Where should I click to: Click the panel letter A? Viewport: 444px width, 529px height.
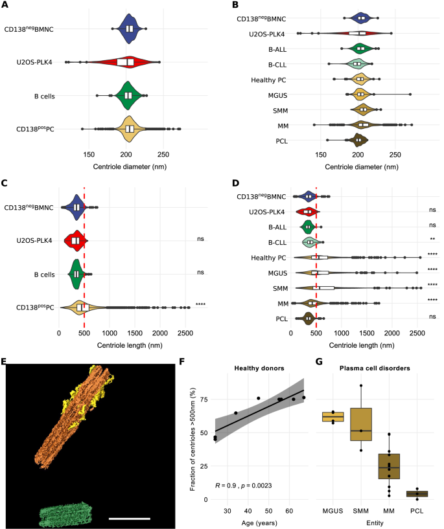coord(5,5)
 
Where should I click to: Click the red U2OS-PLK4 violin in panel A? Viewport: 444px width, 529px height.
coord(130,62)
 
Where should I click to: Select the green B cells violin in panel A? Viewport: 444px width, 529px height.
coord(128,95)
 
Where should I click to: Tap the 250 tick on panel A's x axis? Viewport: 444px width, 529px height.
coord(163,155)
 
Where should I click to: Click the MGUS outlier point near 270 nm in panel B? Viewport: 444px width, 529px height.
coord(410,95)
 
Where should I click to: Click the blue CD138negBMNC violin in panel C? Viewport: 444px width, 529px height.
coord(76,207)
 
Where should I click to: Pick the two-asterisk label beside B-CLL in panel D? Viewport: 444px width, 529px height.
coord(432,240)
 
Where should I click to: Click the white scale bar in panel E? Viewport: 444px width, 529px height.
coord(130,518)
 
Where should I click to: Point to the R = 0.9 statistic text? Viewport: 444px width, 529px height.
coord(250,486)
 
